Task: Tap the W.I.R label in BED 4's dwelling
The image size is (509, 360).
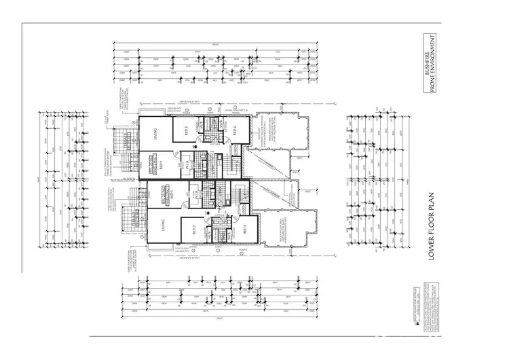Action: [186, 164]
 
